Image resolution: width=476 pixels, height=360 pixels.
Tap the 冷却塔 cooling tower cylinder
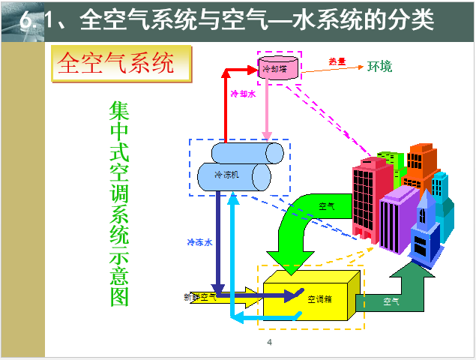coord(279,68)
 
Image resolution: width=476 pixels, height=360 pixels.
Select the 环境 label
coord(379,66)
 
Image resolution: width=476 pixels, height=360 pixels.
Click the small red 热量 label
coord(337,61)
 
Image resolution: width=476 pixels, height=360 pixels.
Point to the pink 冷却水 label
coord(244,94)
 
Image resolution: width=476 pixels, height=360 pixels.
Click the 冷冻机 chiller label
coord(226,175)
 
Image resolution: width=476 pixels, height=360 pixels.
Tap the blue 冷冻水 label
coord(200,241)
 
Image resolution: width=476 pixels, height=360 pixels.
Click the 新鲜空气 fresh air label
coord(200,297)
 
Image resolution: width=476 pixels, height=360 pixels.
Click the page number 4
coord(268,343)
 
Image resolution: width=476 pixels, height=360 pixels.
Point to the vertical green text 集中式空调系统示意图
coord(120,202)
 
